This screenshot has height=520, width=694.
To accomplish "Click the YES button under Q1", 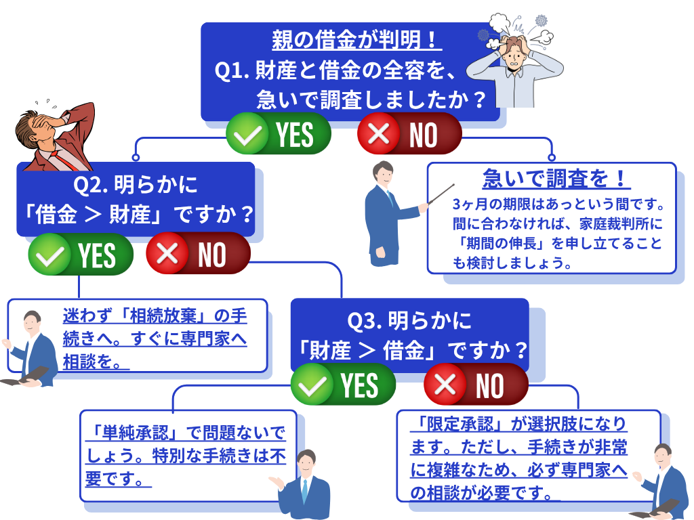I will point(278,134).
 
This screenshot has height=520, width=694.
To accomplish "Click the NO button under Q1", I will point(409,134).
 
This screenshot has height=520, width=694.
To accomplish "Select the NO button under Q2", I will point(198,255).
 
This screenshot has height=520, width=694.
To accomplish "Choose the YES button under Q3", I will point(343,385).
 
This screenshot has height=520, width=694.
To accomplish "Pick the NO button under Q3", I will point(476,385).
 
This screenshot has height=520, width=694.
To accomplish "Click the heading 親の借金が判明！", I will point(356,41).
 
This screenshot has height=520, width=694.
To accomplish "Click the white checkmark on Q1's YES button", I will point(248,135).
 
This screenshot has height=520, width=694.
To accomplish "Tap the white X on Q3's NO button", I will point(445,385).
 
